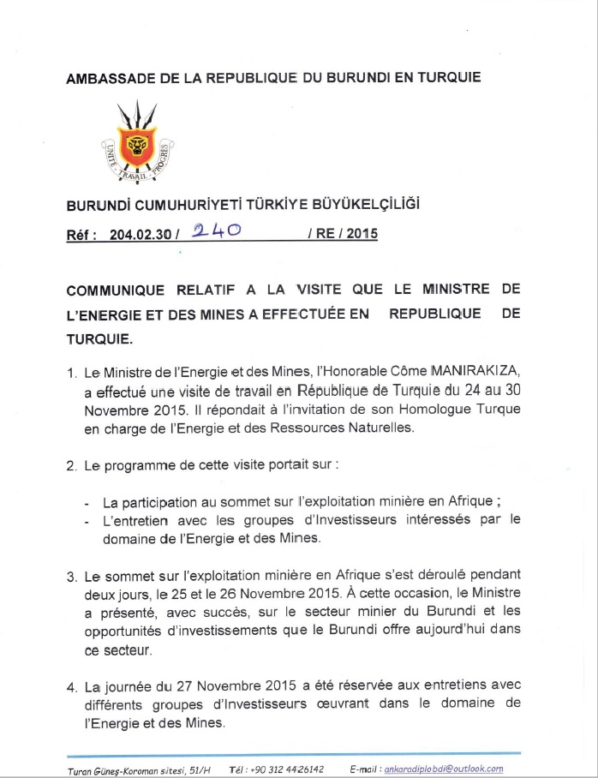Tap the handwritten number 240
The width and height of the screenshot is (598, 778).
pos(214,231)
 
